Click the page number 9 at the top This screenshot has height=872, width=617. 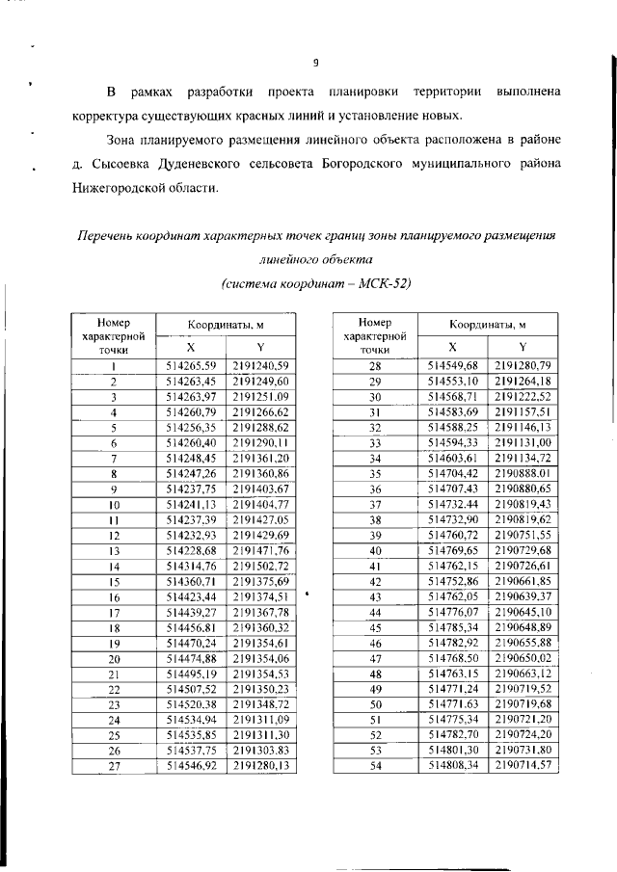(314, 64)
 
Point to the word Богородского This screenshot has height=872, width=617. (352, 163)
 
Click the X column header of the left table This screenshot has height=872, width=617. (190, 347)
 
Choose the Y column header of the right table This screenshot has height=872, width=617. (523, 347)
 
